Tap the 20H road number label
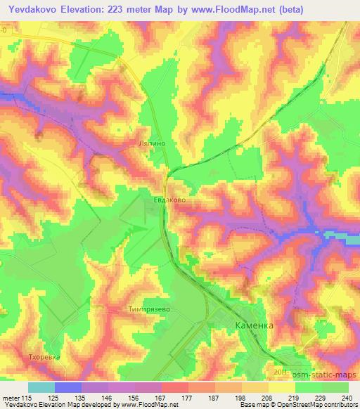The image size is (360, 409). [281, 372]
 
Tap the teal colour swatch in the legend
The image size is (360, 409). [41, 387]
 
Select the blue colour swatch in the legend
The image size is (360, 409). [68, 387]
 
